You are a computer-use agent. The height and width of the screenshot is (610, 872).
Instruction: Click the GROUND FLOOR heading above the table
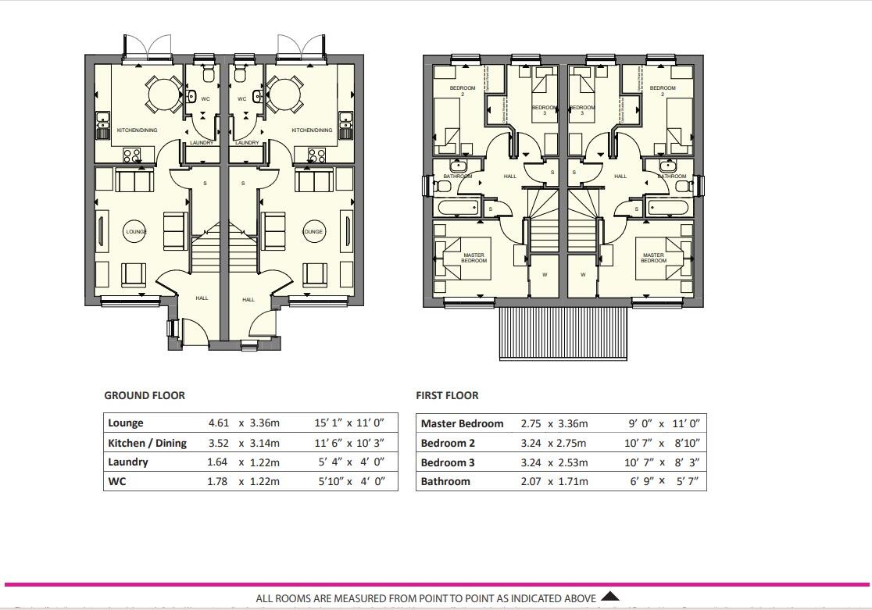tap(145, 395)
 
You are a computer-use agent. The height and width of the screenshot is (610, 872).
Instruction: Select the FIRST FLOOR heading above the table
tap(447, 395)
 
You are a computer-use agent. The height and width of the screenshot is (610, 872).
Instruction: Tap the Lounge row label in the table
tap(126, 423)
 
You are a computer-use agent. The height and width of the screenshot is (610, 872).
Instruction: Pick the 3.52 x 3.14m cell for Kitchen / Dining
tap(243, 443)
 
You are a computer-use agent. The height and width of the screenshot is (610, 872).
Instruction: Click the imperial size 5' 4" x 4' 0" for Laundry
tap(349, 462)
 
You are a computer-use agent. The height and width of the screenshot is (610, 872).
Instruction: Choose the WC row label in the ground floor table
tap(116, 482)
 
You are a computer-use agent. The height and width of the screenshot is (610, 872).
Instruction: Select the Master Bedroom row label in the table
tap(462, 423)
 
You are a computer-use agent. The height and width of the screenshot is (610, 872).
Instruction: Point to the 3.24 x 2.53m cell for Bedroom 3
tap(554, 462)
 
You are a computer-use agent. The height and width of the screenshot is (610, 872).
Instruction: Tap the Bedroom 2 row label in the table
tap(449, 443)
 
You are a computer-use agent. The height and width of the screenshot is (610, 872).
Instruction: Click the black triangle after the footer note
tap(610, 598)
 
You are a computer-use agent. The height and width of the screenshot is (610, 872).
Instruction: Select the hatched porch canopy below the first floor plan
tap(563, 332)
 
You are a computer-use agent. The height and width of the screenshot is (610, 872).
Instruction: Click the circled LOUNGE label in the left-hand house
tap(136, 231)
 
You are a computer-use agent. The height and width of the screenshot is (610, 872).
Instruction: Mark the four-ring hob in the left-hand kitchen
tap(131, 155)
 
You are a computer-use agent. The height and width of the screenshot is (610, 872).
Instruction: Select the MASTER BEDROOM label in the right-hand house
tap(653, 258)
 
